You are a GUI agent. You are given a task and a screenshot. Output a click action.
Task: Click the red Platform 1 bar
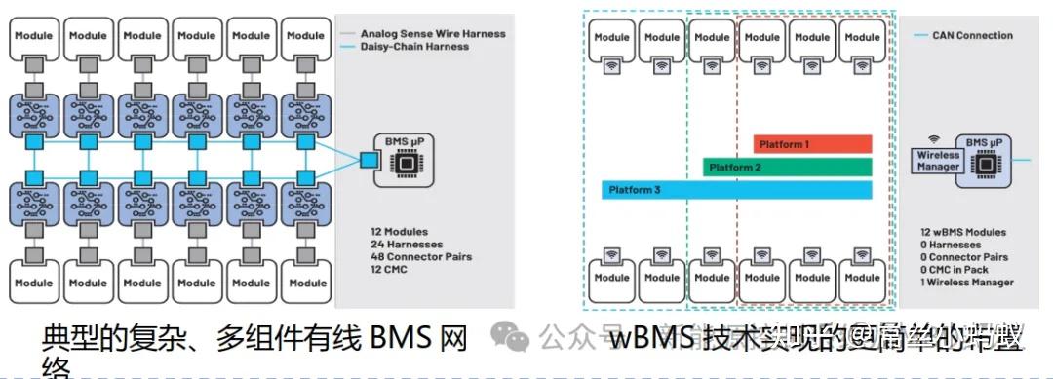click(812, 144)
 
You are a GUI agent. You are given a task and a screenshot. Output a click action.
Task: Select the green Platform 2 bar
click(787, 168)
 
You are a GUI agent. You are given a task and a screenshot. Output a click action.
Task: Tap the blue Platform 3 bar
click(736, 189)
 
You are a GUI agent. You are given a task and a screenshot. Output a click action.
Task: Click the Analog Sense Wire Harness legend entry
click(432, 33)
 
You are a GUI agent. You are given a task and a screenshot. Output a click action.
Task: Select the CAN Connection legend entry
click(965, 36)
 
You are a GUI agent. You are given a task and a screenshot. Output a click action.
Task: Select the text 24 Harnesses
click(407, 245)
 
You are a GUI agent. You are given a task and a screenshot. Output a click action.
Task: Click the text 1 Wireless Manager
click(965, 283)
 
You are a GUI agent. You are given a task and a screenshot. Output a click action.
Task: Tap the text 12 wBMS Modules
click(962, 232)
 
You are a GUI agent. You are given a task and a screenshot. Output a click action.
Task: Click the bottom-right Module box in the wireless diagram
click(862, 277)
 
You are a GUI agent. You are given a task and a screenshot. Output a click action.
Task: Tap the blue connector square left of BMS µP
click(368, 158)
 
